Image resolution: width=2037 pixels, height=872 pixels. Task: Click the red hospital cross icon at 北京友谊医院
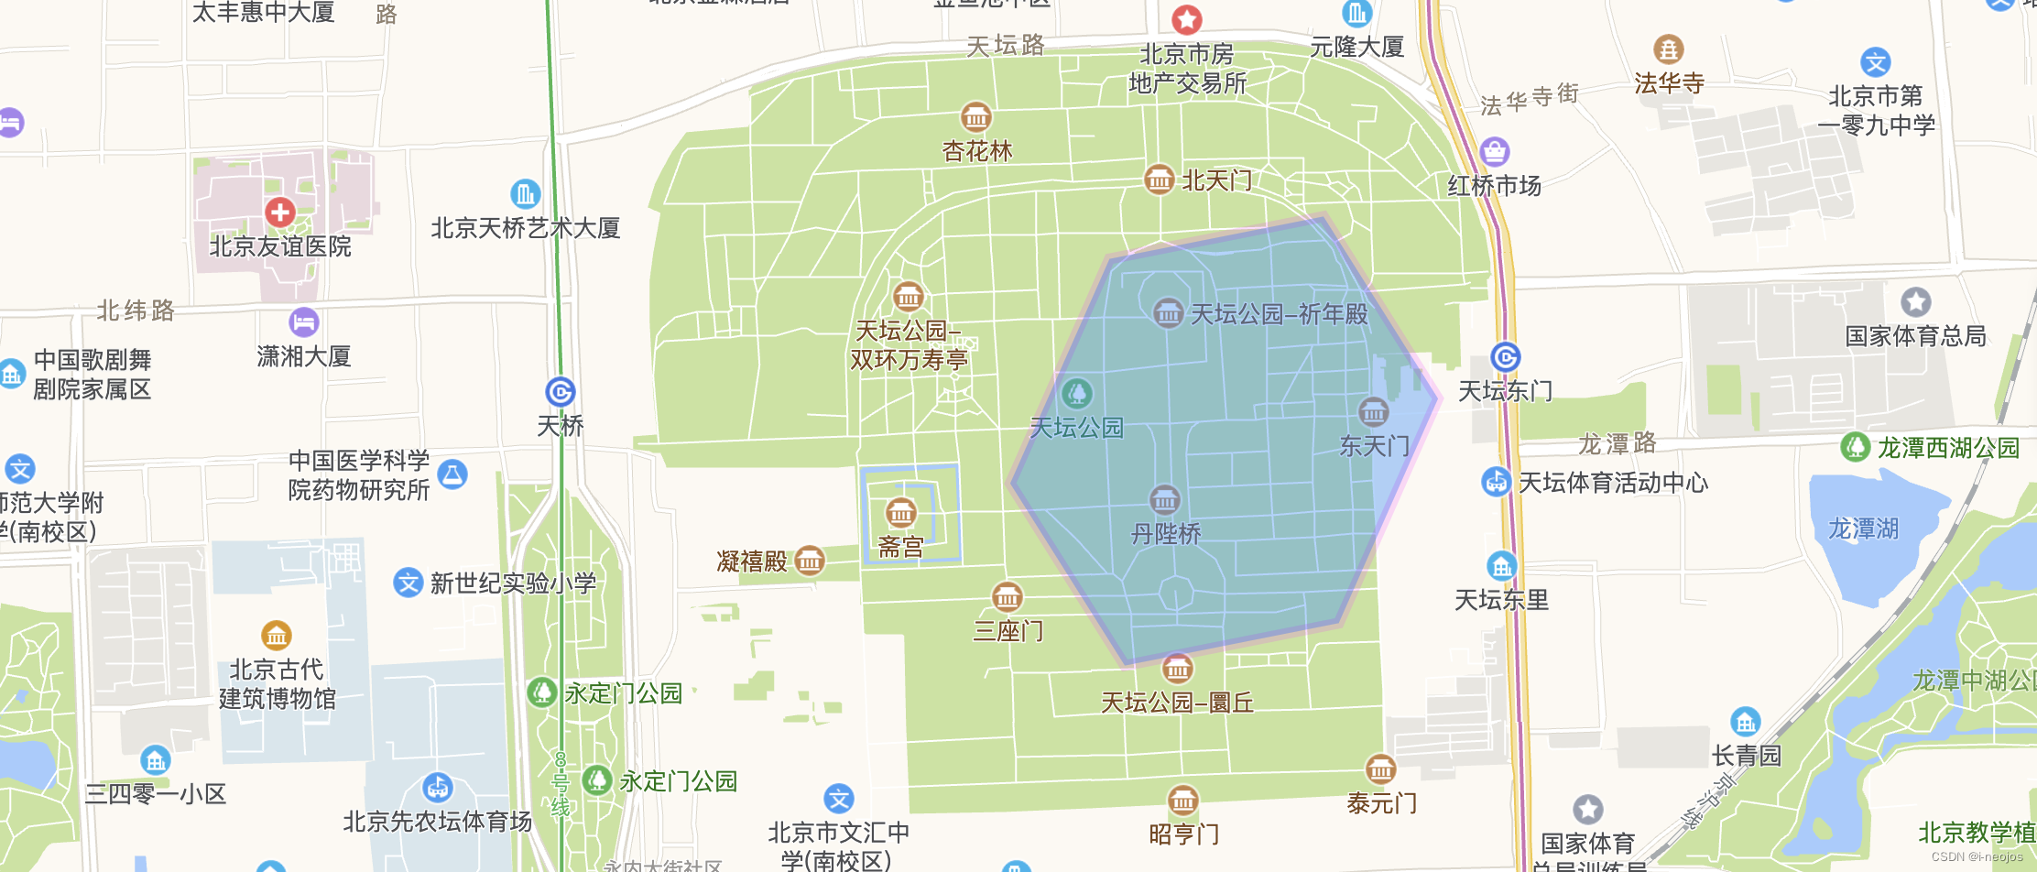(x=279, y=213)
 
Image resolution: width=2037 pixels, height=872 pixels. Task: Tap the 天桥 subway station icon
(x=561, y=392)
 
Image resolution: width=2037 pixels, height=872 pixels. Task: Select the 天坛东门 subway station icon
(x=1505, y=357)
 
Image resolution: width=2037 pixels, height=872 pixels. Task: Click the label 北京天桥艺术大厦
(x=526, y=228)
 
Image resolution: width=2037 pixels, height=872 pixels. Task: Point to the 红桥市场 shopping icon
(x=1494, y=151)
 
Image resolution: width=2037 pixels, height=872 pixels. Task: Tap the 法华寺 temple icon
(x=1668, y=49)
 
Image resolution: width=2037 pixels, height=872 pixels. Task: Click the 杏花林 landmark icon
(x=975, y=117)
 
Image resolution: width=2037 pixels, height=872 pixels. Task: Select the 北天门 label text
(x=1216, y=180)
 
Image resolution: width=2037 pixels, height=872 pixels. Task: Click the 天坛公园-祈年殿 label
(x=1279, y=314)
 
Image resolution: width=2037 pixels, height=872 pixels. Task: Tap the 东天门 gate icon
(x=1373, y=412)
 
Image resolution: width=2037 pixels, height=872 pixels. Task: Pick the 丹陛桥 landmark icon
(x=1164, y=500)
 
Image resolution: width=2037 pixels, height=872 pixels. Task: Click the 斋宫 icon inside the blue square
(x=900, y=513)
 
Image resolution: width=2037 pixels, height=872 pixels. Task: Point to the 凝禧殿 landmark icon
(x=810, y=560)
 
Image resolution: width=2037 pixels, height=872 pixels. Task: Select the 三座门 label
(x=1008, y=631)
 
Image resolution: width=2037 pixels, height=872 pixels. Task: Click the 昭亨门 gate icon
(x=1182, y=801)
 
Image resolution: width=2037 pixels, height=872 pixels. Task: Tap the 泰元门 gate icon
(x=1380, y=769)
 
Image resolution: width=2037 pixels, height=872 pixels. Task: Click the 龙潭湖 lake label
(x=1863, y=529)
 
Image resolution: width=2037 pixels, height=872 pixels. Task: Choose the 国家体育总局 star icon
(x=1915, y=301)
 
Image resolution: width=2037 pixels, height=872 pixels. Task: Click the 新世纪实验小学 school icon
(x=408, y=583)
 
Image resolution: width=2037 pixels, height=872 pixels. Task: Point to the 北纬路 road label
(x=136, y=311)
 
